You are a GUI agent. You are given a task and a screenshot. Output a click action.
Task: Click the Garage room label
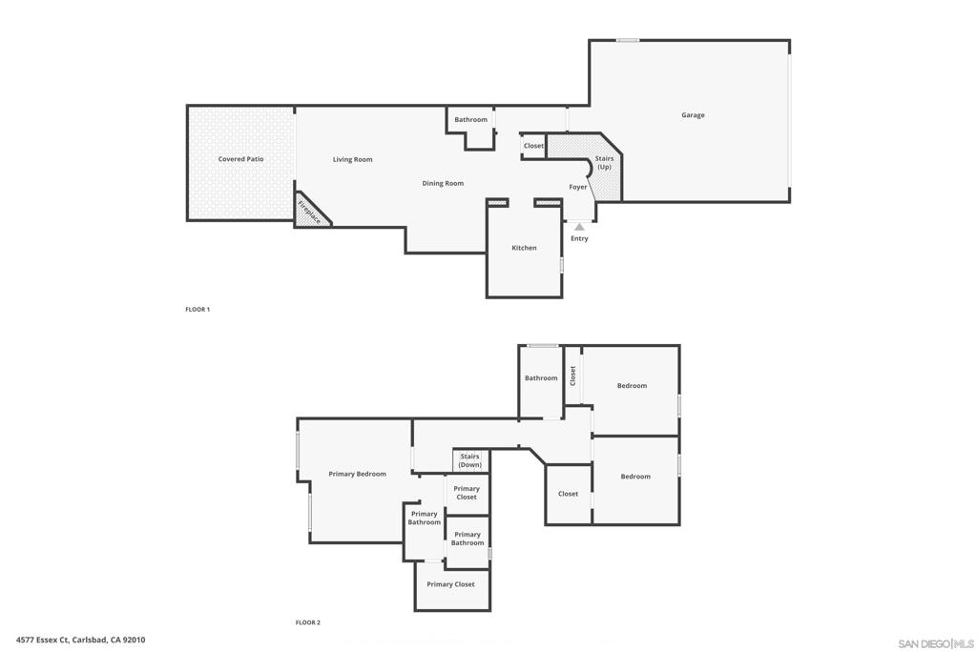point(693,115)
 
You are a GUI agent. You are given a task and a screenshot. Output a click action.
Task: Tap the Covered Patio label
point(240,159)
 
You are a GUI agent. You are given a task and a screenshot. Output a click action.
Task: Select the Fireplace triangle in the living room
point(309,213)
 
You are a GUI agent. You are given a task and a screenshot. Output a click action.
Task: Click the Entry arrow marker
point(579,227)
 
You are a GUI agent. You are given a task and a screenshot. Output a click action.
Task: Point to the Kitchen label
point(524,248)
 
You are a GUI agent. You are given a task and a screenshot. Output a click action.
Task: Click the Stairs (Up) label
point(604,162)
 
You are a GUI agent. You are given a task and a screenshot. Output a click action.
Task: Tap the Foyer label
point(578,187)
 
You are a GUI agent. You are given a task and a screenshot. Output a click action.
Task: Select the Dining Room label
point(443,183)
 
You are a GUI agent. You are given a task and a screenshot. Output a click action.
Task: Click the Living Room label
point(352,159)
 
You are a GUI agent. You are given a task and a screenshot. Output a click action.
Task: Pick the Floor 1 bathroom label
point(470,119)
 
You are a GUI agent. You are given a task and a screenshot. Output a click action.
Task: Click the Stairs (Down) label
point(469,460)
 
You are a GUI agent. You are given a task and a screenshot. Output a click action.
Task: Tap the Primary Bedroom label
point(357,474)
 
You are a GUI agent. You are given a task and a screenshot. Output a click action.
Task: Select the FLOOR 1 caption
point(197,310)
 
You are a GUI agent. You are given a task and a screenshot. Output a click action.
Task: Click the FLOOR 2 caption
point(307,622)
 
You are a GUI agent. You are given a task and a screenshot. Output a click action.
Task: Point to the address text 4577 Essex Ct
point(80,641)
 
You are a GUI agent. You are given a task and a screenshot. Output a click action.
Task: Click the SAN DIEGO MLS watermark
point(936,642)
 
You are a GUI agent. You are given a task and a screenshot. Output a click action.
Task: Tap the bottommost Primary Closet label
point(450,584)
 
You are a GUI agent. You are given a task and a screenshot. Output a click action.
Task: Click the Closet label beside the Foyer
point(533,146)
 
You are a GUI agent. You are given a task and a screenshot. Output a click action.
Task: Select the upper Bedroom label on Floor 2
point(632,386)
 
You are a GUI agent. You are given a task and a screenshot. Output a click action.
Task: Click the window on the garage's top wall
point(627,40)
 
